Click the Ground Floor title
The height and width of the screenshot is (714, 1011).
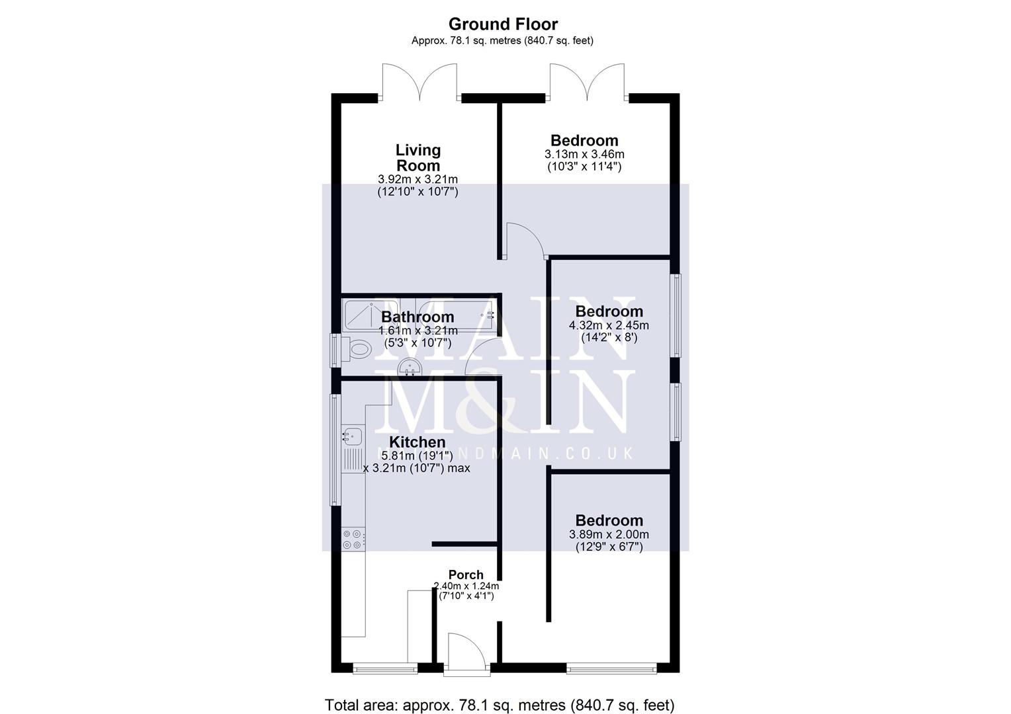coord(503,24)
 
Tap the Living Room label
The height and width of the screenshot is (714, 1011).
coord(418,158)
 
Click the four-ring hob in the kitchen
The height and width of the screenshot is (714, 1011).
coord(351,539)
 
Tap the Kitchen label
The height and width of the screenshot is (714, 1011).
coord(417,442)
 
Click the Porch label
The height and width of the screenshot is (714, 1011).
coord(466,575)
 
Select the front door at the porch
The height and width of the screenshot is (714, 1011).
coord(466,654)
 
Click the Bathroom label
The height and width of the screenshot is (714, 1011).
coord(418,317)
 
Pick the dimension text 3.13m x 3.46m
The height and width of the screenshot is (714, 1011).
coord(584,154)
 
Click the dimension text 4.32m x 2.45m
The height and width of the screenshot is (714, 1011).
coord(609,325)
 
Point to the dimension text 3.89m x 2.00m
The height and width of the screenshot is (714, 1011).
coord(609,534)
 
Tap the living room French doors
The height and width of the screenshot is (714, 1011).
coord(419,83)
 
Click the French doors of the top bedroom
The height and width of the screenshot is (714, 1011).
coord(587,83)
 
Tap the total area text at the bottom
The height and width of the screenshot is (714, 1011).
coord(500,705)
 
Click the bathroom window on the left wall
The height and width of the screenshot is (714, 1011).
coord(335,350)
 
